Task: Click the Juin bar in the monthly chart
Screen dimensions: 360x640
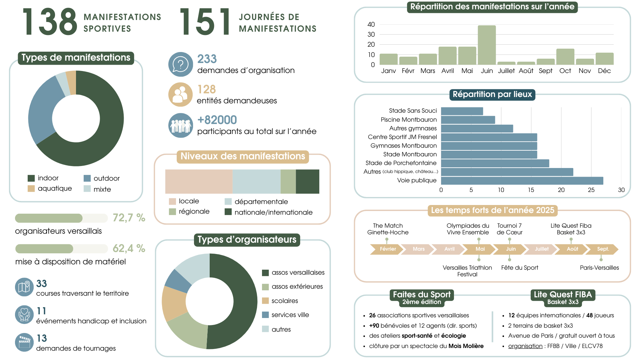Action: coord(487,45)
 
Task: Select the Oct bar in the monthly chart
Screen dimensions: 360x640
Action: coord(565,57)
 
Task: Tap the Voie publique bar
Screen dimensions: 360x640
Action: coord(522,181)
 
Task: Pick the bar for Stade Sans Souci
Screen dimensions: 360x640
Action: coord(462,111)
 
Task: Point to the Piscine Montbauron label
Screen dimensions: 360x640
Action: coord(409,120)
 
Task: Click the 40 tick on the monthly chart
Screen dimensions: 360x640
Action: coord(371,24)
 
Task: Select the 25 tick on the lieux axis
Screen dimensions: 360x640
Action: coord(591,190)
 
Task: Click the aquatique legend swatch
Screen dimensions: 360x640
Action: coord(31,189)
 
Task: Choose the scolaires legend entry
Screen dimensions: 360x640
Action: coord(284,301)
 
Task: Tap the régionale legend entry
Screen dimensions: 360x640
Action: coord(194,212)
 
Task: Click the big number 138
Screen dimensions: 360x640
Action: coord(50,22)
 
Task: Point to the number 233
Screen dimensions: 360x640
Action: coord(207,59)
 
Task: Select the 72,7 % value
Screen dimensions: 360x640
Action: coord(129,218)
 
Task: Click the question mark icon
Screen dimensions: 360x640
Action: coord(180,64)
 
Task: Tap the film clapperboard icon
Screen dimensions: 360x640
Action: coord(24,342)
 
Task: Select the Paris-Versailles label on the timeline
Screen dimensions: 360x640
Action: coord(599,268)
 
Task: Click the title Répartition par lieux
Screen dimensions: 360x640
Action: coord(492,94)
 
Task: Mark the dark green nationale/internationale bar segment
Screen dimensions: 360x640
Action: coord(307,182)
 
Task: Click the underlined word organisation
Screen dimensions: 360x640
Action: coord(525,346)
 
